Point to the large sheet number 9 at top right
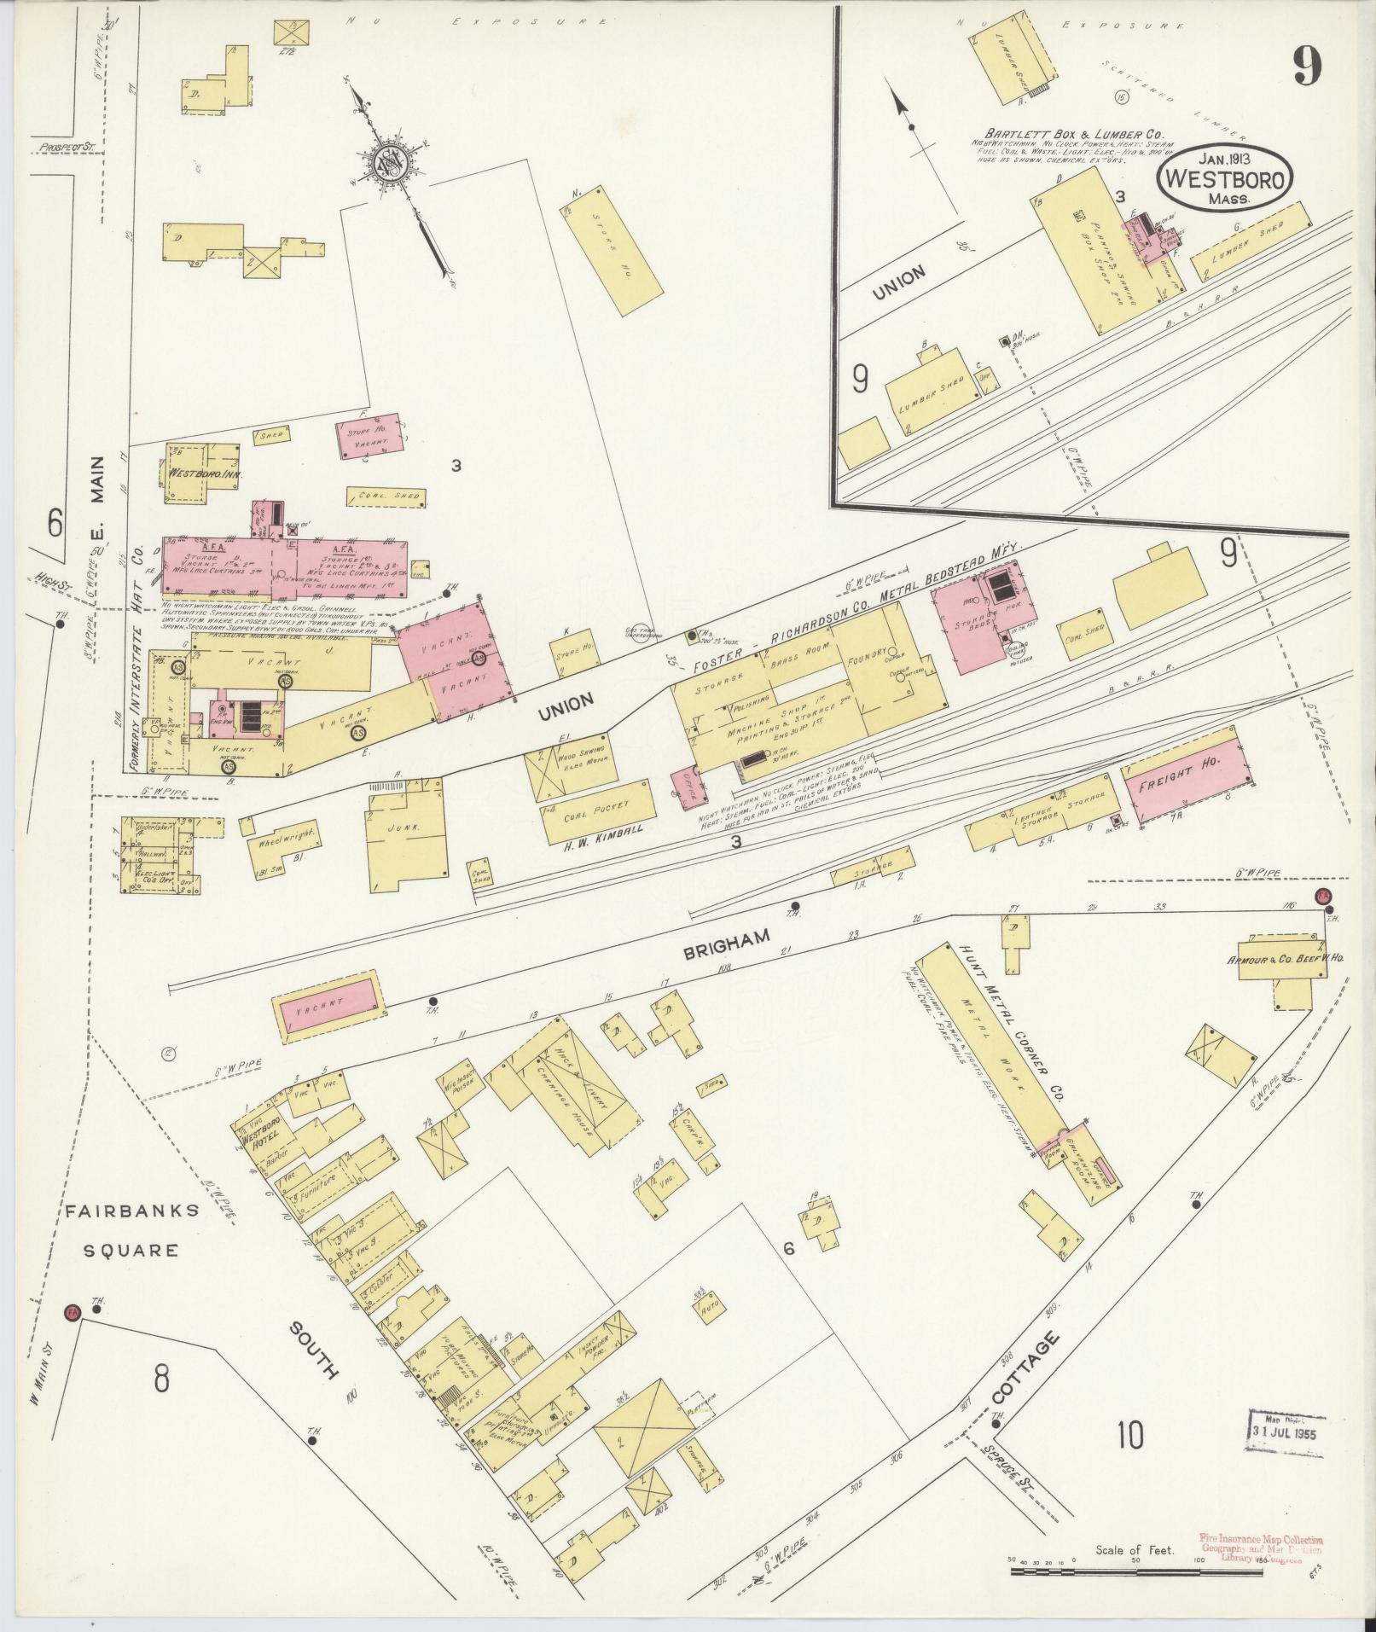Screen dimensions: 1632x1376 pos(1306,66)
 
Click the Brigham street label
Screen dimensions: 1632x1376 pos(728,946)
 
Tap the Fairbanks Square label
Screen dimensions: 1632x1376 pos(130,1229)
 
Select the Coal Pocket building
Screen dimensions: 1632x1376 pos(598,810)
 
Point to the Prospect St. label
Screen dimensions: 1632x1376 pos(65,147)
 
